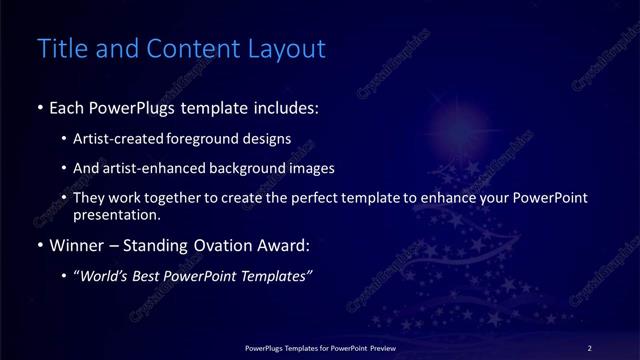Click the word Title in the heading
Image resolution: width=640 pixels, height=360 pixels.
[x=60, y=48]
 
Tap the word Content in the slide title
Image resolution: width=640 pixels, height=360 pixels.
[x=190, y=48]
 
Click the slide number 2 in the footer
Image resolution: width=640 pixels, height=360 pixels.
[x=589, y=348]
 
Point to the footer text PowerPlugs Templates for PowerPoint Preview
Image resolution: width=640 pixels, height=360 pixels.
[x=319, y=348]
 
